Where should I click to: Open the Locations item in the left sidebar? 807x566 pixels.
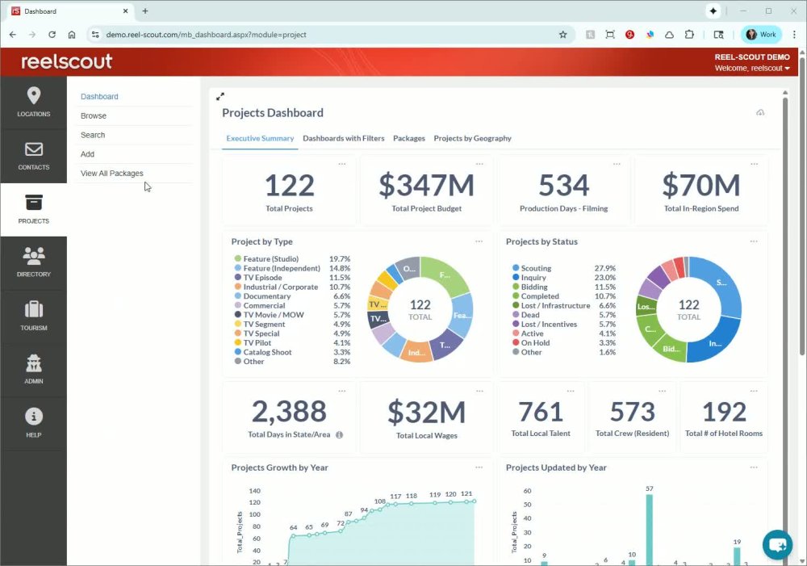tap(33, 103)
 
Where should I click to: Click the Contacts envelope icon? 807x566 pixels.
tap(33, 149)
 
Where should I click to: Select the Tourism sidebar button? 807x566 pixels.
tap(33, 316)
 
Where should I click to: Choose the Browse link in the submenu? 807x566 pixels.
tap(94, 115)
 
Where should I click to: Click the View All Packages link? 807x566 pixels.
tap(112, 173)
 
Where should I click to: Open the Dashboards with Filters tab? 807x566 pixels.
tap(343, 138)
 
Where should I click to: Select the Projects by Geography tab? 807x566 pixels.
tap(472, 138)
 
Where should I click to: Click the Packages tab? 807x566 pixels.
tap(409, 138)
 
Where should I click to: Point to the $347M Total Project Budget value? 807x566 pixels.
tap(426, 186)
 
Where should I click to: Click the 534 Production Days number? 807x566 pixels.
tap(563, 186)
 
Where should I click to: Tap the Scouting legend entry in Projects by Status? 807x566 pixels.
tap(536, 268)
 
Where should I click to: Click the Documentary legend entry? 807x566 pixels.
tap(267, 296)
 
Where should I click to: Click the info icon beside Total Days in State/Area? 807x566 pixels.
tap(339, 434)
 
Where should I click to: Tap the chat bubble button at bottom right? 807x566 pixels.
tap(778, 544)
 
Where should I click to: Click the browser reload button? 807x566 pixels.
tap(52, 35)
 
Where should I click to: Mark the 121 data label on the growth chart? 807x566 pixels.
tap(466, 493)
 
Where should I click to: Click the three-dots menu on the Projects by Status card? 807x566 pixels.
tap(754, 241)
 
